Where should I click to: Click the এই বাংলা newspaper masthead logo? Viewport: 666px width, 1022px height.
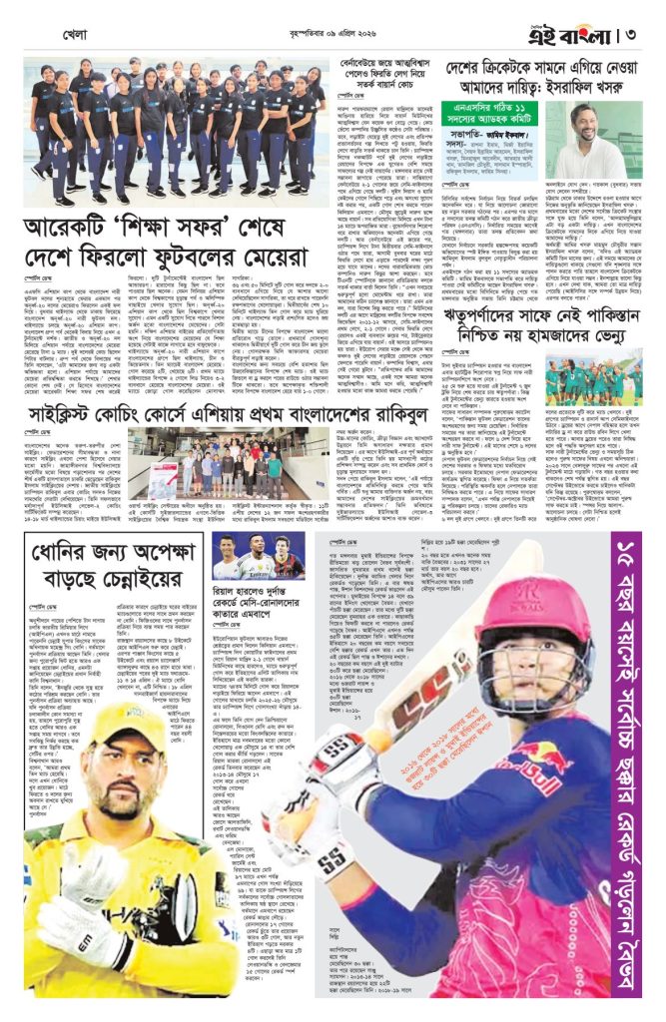pyautogui.click(x=572, y=23)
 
